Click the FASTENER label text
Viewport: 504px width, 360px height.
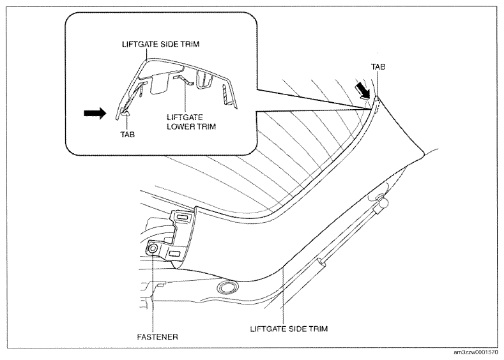tap(158, 337)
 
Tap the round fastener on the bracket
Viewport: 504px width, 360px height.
tap(153, 248)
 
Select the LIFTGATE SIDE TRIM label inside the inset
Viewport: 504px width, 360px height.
tap(161, 44)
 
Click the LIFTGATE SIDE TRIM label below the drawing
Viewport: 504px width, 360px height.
tap(289, 329)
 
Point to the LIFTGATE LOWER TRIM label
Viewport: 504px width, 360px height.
tap(191, 122)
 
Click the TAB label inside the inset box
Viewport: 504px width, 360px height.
tap(128, 134)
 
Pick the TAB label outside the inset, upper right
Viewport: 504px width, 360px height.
tap(378, 67)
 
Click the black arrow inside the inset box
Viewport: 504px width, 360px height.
tap(95, 113)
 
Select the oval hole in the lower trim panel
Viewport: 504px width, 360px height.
tap(227, 287)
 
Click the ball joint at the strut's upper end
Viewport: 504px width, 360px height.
tap(383, 202)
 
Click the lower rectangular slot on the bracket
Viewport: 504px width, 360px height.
tap(175, 253)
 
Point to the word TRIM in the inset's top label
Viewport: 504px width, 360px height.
tap(190, 44)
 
